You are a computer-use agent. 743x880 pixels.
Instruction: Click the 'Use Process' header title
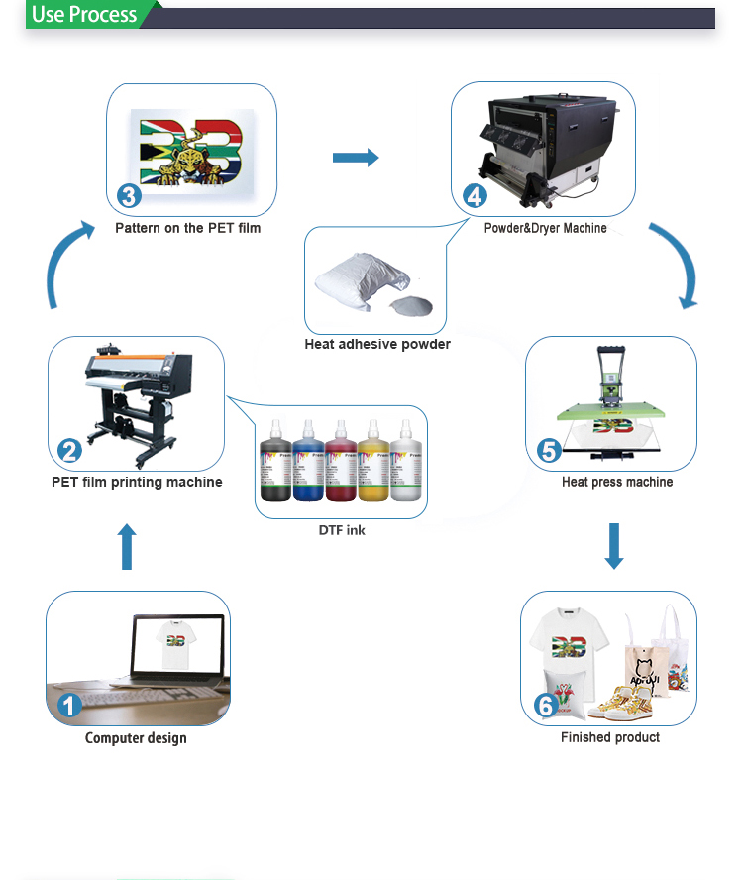tap(84, 15)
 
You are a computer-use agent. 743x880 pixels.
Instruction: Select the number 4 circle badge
tap(476, 195)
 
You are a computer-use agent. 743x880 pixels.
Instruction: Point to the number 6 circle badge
tap(545, 705)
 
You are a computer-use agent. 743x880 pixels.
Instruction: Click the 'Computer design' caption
tap(136, 738)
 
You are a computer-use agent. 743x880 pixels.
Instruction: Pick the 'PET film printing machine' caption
tap(137, 483)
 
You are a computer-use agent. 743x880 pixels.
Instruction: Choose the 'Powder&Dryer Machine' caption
tap(545, 229)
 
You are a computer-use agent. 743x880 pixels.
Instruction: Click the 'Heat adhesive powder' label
tap(377, 344)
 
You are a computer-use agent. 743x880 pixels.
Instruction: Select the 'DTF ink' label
tap(342, 530)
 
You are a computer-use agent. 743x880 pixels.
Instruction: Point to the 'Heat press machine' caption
tap(616, 482)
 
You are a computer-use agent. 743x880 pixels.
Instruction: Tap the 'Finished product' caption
tap(609, 737)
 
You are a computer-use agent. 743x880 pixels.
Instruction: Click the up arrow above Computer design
tap(127, 547)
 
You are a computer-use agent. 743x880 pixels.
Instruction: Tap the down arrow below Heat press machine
tap(614, 546)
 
